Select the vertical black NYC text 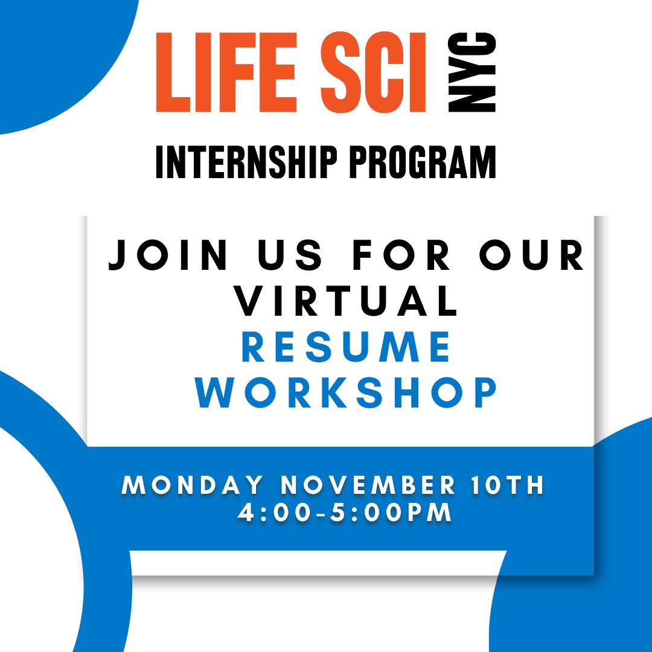click(472, 72)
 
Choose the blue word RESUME click(347, 348)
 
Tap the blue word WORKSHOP click(347, 394)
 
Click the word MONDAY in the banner click(193, 487)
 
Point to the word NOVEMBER click(368, 487)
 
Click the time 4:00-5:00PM click(345, 513)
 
